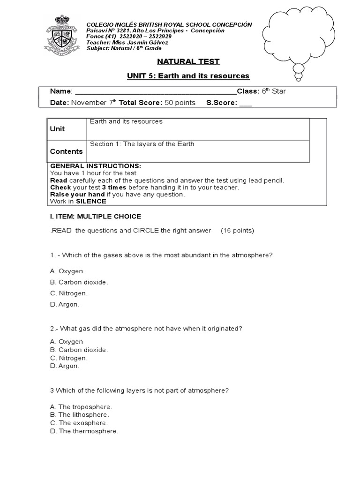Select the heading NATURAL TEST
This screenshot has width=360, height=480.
point(187,61)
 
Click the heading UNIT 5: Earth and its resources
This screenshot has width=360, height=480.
point(188,76)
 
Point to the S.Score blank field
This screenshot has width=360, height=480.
point(246,103)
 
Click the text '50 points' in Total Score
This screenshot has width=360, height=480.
point(180,103)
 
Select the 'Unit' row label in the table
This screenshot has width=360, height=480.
point(58,129)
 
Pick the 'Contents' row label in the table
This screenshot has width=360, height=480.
point(66,151)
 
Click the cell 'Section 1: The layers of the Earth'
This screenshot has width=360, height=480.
point(142,144)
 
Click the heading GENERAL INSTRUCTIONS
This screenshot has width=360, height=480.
point(95,166)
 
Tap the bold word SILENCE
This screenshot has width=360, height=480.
point(91,202)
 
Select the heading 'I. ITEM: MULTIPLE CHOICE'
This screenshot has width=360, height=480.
point(95,217)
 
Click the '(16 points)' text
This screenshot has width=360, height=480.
point(237,231)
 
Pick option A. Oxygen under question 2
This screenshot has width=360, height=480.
point(66,342)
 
